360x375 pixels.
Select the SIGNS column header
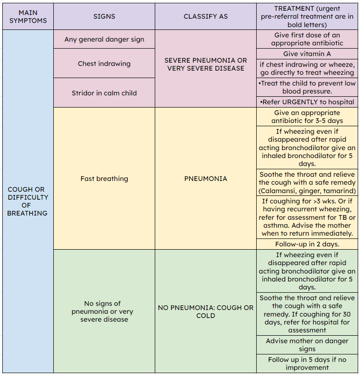(104, 16)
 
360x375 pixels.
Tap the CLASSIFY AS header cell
(205, 16)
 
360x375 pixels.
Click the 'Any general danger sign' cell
(104, 39)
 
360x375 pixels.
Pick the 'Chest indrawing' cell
(104, 64)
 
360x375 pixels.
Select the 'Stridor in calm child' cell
(104, 93)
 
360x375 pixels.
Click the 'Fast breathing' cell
(104, 179)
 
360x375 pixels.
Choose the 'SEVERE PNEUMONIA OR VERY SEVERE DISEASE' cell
(205, 65)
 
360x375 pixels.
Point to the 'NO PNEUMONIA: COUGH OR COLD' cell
(205, 311)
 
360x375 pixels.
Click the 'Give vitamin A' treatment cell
(307, 54)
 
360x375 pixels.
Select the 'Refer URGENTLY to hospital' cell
(307, 102)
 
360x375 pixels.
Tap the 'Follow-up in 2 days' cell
(307, 244)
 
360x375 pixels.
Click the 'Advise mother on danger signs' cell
(307, 345)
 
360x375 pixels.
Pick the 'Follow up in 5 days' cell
(307, 364)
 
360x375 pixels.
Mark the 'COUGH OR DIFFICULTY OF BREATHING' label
(27, 201)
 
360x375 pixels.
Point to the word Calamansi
(279, 191)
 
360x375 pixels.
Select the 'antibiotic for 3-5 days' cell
(307, 117)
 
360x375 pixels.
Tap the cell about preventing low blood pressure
(307, 87)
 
